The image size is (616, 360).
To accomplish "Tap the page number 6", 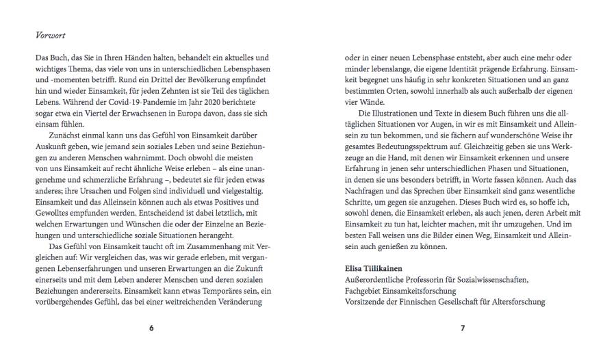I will pos(151,329).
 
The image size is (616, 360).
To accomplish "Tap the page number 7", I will pos(463,329).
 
